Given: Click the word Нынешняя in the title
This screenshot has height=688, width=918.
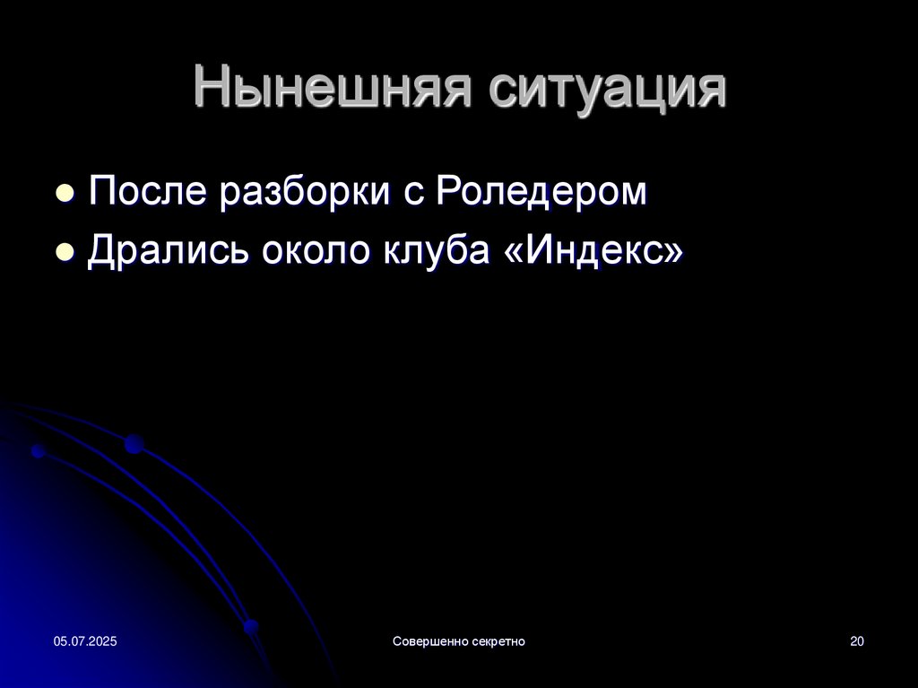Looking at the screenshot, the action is [332, 88].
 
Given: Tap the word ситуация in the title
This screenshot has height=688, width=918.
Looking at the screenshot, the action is [607, 88].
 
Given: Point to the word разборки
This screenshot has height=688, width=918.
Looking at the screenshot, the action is [305, 192].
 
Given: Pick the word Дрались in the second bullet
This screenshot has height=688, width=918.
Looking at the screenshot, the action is [168, 250].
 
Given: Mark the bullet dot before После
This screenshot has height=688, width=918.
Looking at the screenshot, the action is [65, 194].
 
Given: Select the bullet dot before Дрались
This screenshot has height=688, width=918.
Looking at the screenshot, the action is [65, 252].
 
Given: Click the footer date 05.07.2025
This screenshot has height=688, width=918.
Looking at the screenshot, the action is [85, 641].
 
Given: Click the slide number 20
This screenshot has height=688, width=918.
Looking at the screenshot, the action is [856, 641].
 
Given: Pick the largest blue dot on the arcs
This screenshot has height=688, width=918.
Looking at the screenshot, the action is [134, 444].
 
